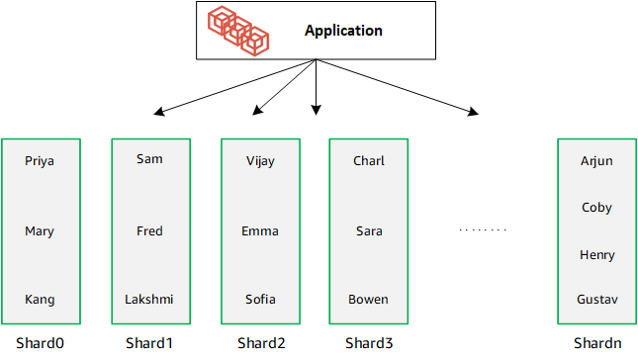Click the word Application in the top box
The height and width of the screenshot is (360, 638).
(x=343, y=31)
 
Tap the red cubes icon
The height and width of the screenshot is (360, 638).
(x=238, y=30)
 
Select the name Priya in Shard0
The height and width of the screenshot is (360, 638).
(x=40, y=161)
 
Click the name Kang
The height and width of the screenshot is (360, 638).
(x=40, y=300)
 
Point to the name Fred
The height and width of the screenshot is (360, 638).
(x=149, y=231)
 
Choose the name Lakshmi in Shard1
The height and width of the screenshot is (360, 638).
(x=148, y=299)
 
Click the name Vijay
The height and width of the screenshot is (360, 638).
(x=260, y=161)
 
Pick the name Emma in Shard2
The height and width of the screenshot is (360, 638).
(x=260, y=231)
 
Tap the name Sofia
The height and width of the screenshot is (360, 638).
(x=260, y=299)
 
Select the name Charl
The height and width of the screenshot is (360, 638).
(x=369, y=161)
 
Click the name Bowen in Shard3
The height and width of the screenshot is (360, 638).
(x=368, y=299)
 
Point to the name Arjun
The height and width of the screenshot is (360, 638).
(x=597, y=161)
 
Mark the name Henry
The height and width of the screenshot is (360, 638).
(x=597, y=255)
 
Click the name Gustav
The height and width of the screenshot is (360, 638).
(x=597, y=299)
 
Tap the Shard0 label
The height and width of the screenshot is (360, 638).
(x=40, y=344)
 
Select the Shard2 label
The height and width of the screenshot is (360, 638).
(x=261, y=344)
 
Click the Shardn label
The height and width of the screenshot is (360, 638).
(x=597, y=344)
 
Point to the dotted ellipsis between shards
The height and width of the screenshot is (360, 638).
(x=483, y=230)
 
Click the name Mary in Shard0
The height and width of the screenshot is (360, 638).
(x=40, y=231)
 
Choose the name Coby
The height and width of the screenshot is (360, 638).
(x=597, y=208)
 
